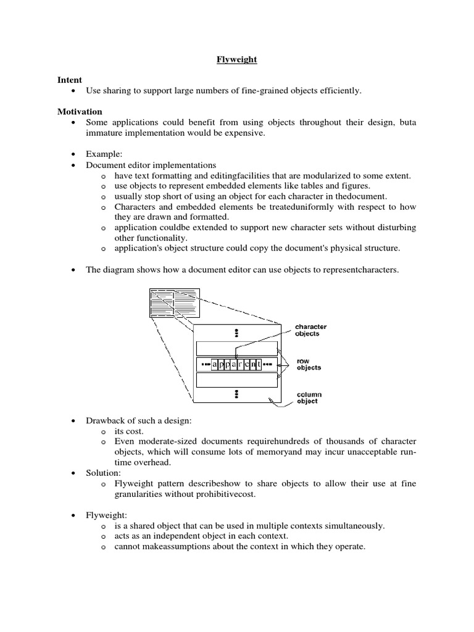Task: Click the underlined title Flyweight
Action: pyautogui.click(x=236, y=60)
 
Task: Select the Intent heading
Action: pyautogui.click(x=69, y=80)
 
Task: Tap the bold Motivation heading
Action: pyautogui.click(x=80, y=111)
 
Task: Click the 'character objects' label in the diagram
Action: pyautogui.click(x=310, y=330)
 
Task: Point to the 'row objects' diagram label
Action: pyautogui.click(x=309, y=364)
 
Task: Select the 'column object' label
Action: pyautogui.click(x=309, y=398)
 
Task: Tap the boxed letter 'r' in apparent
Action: pyautogui.click(x=238, y=364)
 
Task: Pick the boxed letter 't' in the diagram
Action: pyautogui.click(x=259, y=364)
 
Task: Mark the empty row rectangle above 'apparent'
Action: pyautogui.click(x=236, y=348)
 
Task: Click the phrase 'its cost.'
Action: pyautogui.click(x=129, y=431)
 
